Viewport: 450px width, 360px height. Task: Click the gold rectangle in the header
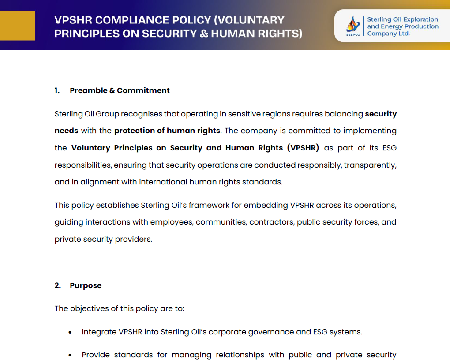pyautogui.click(x=17, y=26)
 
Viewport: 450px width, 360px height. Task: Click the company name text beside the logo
pyautogui.click(x=402, y=26)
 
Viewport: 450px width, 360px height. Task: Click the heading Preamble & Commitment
pyautogui.click(x=120, y=90)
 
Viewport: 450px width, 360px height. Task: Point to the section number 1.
pyautogui.click(x=57, y=90)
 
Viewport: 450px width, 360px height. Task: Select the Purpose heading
pyautogui.click(x=86, y=285)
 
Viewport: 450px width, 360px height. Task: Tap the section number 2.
pyautogui.click(x=57, y=285)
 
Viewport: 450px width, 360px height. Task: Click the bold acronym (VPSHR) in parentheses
pyautogui.click(x=303, y=148)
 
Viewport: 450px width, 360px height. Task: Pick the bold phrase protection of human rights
pyautogui.click(x=167, y=131)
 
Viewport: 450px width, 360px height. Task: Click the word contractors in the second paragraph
pyautogui.click(x=271, y=222)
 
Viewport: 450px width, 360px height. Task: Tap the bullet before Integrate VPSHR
pyautogui.click(x=70, y=332)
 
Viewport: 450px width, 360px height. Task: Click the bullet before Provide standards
pyautogui.click(x=70, y=355)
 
